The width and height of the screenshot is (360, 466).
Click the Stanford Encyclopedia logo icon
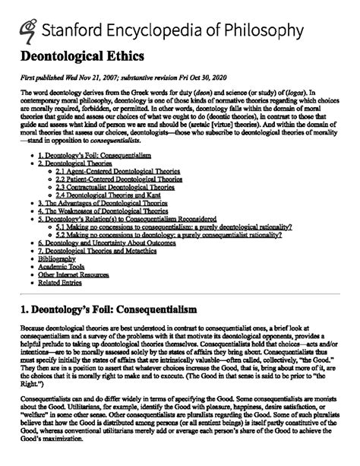tap(29, 28)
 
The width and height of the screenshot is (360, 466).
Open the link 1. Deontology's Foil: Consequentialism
tap(93, 154)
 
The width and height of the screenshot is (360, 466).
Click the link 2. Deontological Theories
tap(75, 163)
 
